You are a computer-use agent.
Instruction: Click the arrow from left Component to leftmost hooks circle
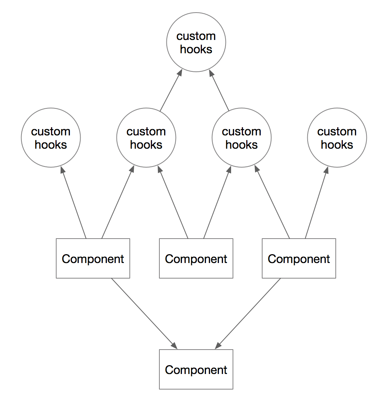coord(73,202)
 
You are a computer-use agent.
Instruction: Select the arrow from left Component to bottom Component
coord(145,314)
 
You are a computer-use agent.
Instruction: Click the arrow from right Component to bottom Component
coord(248,314)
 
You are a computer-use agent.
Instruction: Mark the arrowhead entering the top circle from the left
coord(180,73)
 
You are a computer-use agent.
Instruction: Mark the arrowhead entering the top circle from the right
coord(212,73)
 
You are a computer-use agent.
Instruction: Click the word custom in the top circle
coord(196,36)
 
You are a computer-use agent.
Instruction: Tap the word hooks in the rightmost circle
coord(337,145)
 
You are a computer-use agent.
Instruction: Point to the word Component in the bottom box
coord(196,370)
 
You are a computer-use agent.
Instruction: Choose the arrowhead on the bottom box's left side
coord(174,346)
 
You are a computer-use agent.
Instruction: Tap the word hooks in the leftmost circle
coord(51,145)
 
